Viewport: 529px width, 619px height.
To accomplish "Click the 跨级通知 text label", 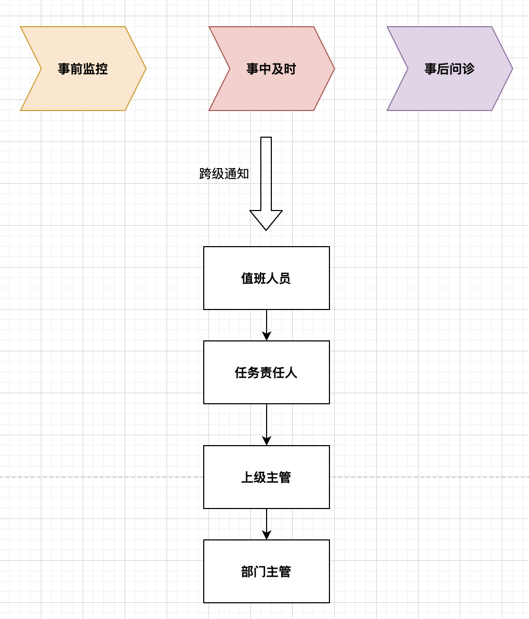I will (x=224, y=174).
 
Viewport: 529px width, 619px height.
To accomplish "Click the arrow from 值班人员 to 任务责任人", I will (x=267, y=325).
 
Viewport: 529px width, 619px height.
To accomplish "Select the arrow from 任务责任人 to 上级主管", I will (x=267, y=424).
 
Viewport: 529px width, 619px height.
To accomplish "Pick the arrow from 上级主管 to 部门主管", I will (x=267, y=524).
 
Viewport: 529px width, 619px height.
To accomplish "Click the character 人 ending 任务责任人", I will (x=291, y=373).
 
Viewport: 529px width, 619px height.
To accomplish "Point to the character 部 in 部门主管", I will (x=247, y=572).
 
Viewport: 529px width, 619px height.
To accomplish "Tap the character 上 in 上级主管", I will (x=247, y=478).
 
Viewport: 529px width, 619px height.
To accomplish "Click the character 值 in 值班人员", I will (x=247, y=279).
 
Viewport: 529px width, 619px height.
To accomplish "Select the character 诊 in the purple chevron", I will (x=468, y=69).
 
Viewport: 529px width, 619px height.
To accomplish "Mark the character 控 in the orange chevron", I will (x=102, y=69).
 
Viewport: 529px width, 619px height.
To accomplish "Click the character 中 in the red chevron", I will (x=265, y=69).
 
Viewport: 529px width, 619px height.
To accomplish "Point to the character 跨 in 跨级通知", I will (x=205, y=174).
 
